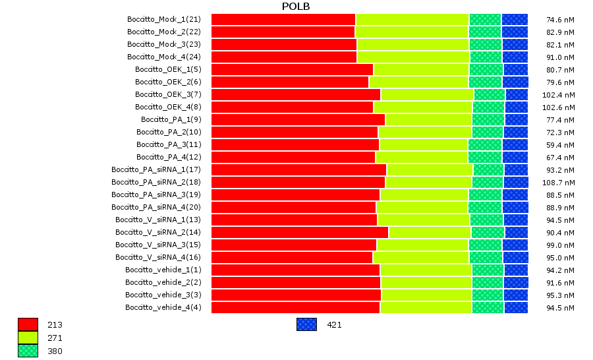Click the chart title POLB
(296, 7)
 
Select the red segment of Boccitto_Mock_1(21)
(283, 19)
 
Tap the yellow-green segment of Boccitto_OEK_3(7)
(427, 94)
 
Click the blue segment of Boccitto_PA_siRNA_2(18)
(516, 182)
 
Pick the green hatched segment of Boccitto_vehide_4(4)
(488, 307)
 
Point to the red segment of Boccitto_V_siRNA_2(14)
(300, 232)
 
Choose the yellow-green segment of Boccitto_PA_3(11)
(424, 144)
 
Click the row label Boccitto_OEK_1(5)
(168, 69)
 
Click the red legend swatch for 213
(28, 324)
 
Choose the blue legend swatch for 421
(306, 324)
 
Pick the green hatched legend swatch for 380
(28, 351)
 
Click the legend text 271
(55, 338)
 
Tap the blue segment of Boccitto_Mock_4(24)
(515, 57)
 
